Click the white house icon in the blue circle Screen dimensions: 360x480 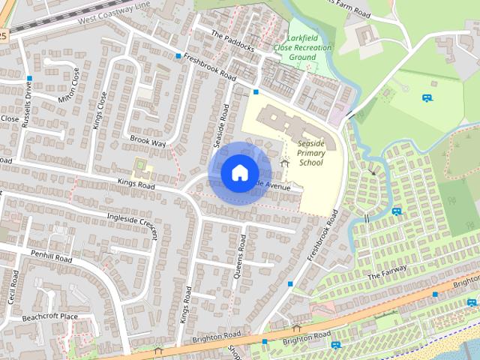(238, 172)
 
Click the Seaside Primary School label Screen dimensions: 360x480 (310, 154)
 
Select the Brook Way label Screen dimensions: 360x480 (147, 142)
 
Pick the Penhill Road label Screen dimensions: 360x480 (51, 258)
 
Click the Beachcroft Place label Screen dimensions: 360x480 (49, 317)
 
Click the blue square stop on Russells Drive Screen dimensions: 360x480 (29, 79)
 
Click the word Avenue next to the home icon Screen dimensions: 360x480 (277, 185)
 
